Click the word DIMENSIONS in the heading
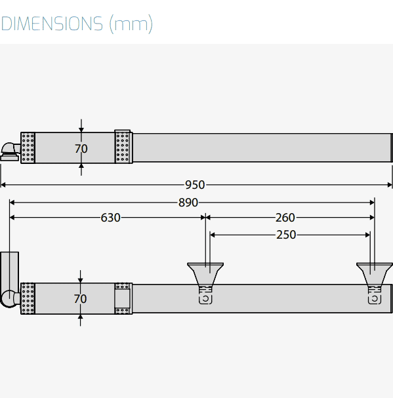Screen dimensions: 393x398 52,24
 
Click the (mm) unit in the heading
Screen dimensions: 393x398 131,24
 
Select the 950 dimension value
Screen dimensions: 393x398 195,185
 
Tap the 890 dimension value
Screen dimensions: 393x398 188,203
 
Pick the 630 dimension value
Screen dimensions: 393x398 110,218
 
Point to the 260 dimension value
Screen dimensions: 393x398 285,218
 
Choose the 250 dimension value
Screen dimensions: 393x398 286,235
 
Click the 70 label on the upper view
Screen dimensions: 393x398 81,149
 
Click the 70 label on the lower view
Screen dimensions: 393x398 80,299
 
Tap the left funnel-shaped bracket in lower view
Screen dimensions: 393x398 205,274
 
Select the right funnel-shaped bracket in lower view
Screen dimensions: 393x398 375,274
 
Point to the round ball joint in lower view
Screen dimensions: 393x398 9,299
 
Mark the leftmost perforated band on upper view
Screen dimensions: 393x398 28,148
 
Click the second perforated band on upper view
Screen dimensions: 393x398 123,147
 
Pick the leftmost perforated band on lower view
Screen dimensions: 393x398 28,298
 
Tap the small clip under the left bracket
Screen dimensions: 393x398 205,299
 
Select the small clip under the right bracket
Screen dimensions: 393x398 375,299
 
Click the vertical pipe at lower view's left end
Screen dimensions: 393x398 9,271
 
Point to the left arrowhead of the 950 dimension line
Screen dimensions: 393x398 3,185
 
